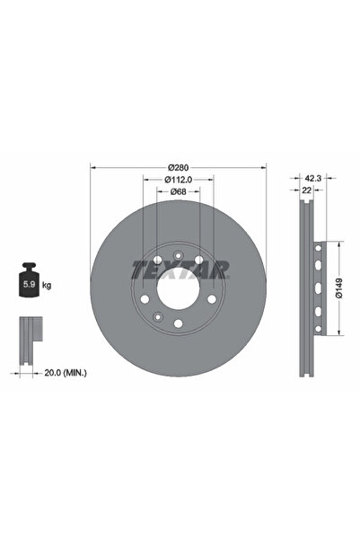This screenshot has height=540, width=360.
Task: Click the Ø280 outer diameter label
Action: tap(179, 168)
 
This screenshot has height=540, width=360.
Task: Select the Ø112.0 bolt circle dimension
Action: tap(179, 180)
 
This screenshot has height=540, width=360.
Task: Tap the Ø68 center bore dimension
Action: tap(179, 190)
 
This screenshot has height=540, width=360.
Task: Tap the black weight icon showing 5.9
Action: tap(27, 284)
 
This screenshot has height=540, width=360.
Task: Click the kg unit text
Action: tap(47, 285)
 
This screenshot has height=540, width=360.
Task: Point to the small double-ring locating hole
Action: tap(157, 316)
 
